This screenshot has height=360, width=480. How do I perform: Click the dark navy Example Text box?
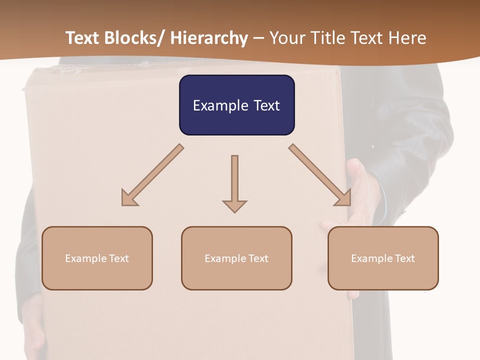pos(236,105)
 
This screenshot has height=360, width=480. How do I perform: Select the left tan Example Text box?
pos(97,258)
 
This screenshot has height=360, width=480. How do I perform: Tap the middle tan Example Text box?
pos(236,258)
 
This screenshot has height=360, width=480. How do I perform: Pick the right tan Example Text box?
pos(383,258)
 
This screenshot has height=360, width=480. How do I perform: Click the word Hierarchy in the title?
pos(208,38)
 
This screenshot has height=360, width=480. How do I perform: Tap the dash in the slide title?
pos(258,38)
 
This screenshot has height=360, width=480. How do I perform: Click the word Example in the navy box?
pos(220,105)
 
